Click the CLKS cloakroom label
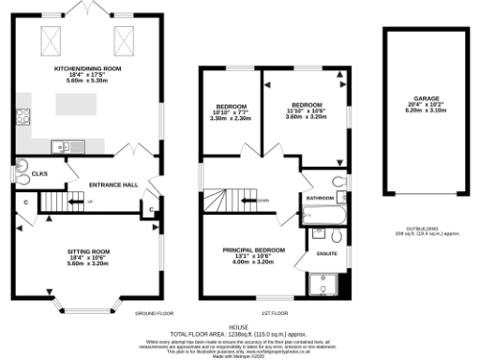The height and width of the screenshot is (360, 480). pyautogui.click(x=39, y=173)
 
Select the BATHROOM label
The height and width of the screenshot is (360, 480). pyautogui.click(x=321, y=198)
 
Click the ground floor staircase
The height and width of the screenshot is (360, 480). pyautogui.click(x=67, y=202)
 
